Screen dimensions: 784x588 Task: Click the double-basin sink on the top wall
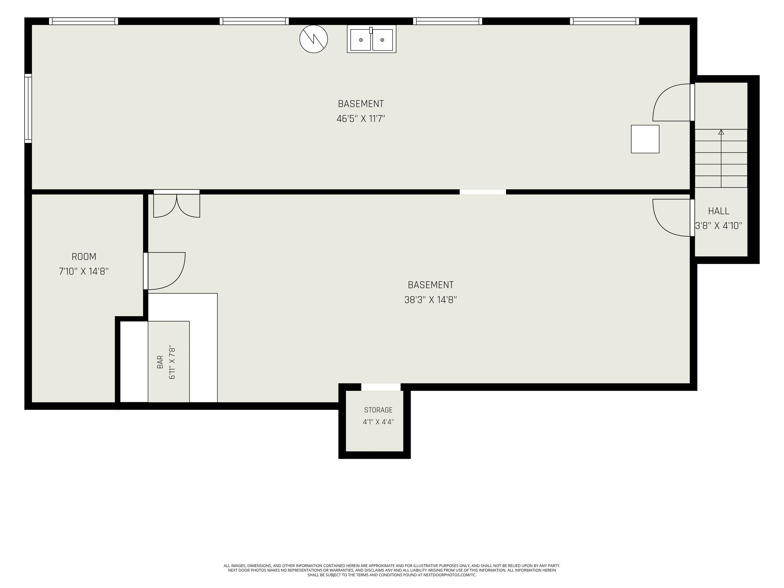point(371,39)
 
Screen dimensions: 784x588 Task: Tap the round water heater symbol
point(314,39)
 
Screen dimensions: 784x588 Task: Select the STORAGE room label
point(378,410)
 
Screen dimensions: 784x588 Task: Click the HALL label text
point(718,211)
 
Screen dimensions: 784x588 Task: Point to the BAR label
point(160,362)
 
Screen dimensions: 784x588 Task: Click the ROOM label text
point(84,256)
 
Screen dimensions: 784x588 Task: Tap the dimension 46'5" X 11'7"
point(361,119)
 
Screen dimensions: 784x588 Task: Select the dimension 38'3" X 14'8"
point(431,300)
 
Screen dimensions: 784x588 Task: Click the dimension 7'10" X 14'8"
point(84,272)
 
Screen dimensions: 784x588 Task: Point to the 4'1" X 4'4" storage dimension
point(378,422)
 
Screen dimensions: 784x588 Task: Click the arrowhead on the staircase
point(721,132)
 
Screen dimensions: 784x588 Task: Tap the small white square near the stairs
point(645,139)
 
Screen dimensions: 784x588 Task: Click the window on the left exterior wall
point(28,108)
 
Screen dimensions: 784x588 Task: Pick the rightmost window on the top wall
point(604,21)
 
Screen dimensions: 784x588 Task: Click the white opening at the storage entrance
point(381,387)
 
